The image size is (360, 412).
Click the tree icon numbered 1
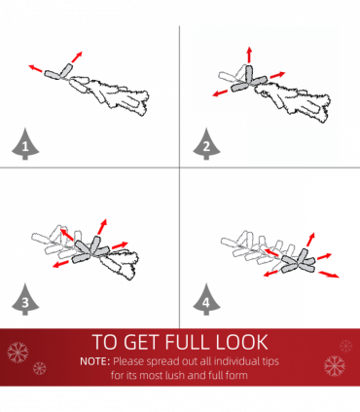tap(25, 145)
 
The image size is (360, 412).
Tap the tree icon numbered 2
tap(206, 145)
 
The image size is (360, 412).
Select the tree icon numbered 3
tap(25, 300)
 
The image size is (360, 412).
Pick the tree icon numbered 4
tap(206, 300)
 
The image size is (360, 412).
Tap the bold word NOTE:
tap(95, 361)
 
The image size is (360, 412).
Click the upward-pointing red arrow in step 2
tap(249, 55)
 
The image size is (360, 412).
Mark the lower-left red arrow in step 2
tap(220, 94)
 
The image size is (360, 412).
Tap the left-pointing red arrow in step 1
tap(35, 68)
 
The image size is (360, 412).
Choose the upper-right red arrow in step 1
tap(77, 56)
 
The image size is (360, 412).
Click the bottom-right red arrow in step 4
tap(329, 275)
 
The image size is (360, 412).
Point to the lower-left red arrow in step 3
tap(60, 264)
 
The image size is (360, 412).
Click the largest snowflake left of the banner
tap(18, 353)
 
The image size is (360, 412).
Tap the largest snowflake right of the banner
tap(335, 366)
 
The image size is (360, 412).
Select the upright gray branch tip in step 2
tap(249, 74)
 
